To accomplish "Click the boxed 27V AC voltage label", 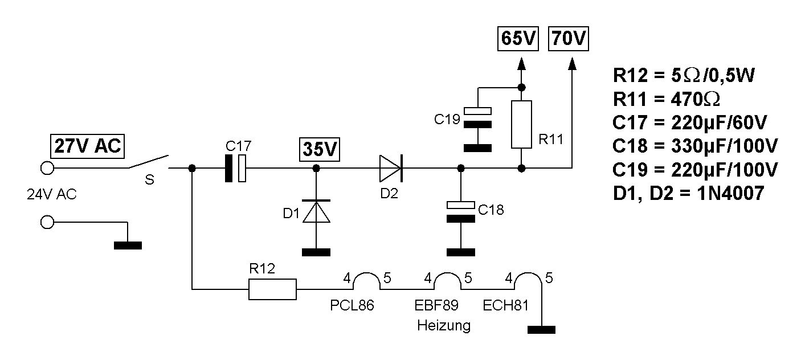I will click(x=87, y=146).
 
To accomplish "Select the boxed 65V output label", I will click(x=518, y=39).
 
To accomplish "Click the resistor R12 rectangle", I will click(x=273, y=289).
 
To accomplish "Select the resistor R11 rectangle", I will click(x=521, y=124).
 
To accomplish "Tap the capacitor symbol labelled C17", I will click(x=236, y=169).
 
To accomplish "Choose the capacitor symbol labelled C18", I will click(x=460, y=211).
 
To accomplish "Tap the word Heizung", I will click(x=444, y=326).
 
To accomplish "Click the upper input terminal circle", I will click(x=47, y=167).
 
